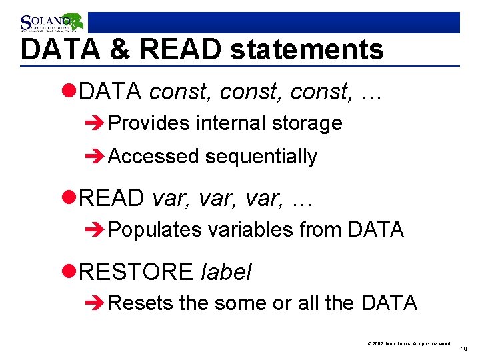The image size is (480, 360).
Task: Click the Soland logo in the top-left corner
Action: pyautogui.click(x=51, y=23)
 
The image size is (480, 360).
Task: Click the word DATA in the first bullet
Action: pyautogui.click(x=111, y=92)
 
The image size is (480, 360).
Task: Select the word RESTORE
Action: pyautogui.click(x=136, y=271)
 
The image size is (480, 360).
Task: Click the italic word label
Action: pyautogui.click(x=226, y=271)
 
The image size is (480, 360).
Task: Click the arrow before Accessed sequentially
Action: pyautogui.click(x=96, y=157)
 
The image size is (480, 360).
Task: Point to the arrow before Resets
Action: pyautogui.click(x=96, y=303)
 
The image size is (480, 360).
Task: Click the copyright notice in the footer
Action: pyautogui.click(x=409, y=343)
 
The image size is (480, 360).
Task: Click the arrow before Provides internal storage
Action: pyautogui.click(x=96, y=123)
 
